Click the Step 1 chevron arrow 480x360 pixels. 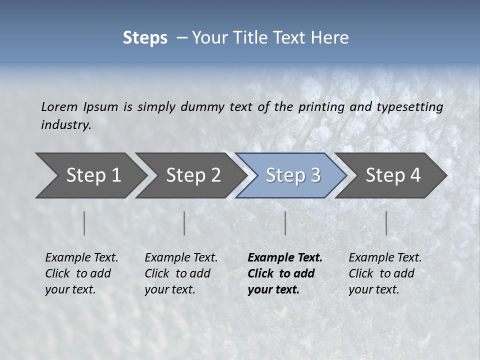pyautogui.click(x=90, y=175)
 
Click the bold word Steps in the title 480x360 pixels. pyautogui.click(x=145, y=37)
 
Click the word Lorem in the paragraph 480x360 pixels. pyautogui.click(x=59, y=106)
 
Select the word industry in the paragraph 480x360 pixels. pyautogui.click(x=65, y=124)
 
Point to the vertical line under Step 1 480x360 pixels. pyautogui.click(x=84, y=223)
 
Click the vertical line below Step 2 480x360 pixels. pyautogui.click(x=184, y=223)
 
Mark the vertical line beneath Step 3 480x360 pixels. pyautogui.click(x=285, y=223)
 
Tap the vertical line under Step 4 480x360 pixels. pyautogui.click(x=386, y=223)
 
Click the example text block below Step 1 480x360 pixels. pyautogui.click(x=81, y=273)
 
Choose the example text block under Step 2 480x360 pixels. pyautogui.click(x=181, y=273)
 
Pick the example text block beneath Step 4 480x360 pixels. pyautogui.click(x=385, y=273)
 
